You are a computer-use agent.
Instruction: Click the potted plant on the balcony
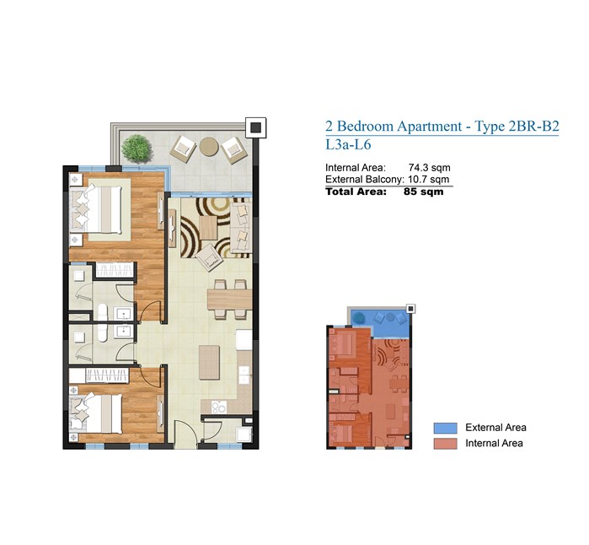[x=137, y=148]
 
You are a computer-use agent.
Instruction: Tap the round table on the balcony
[x=209, y=146]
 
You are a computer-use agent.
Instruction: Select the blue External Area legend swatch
[x=445, y=428]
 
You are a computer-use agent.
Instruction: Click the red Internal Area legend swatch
[x=445, y=444]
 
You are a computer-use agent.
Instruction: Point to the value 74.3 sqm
[x=430, y=168]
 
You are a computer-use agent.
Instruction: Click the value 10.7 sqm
[x=429, y=180]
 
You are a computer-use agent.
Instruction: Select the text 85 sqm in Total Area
[x=423, y=192]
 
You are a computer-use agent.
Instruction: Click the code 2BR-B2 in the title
[x=533, y=126]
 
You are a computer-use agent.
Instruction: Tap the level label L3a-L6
[x=348, y=145]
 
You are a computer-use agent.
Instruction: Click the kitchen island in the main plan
[x=209, y=363]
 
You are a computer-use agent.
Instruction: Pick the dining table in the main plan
[x=229, y=299]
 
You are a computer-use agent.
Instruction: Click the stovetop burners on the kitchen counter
[x=218, y=407]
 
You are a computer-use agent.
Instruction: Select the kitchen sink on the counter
[x=244, y=375]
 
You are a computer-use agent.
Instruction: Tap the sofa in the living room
[x=240, y=228]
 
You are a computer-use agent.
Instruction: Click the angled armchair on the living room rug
[x=209, y=257]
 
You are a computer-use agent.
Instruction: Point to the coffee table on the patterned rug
[x=208, y=228]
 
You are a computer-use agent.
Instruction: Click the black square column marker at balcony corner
[x=256, y=127]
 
